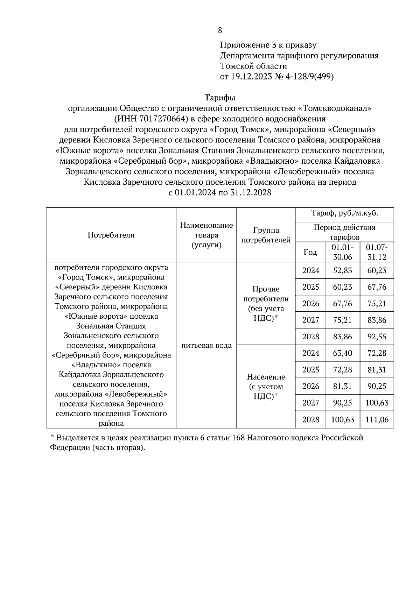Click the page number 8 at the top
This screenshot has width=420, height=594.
tap(220, 30)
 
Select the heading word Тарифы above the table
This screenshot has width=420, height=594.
tap(220, 98)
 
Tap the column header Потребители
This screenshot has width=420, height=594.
tap(111, 235)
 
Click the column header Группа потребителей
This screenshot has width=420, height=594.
tap(266, 235)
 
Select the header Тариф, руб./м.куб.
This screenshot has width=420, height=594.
tap(344, 213)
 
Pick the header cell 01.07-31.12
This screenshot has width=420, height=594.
tap(377, 252)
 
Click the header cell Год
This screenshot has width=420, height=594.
tap(310, 252)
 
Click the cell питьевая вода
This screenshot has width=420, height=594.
tap(206, 346)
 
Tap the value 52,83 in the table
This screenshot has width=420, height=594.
tap(342, 270)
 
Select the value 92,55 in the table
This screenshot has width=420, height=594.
tap(377, 337)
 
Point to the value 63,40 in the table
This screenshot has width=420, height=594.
tap(342, 353)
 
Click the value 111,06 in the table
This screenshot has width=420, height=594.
tap(377, 419)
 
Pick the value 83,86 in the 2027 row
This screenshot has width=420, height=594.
tap(377, 320)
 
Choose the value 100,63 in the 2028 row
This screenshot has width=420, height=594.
tap(342, 419)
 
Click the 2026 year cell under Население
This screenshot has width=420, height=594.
tap(310, 386)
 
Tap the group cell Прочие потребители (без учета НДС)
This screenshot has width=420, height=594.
tap(266, 304)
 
